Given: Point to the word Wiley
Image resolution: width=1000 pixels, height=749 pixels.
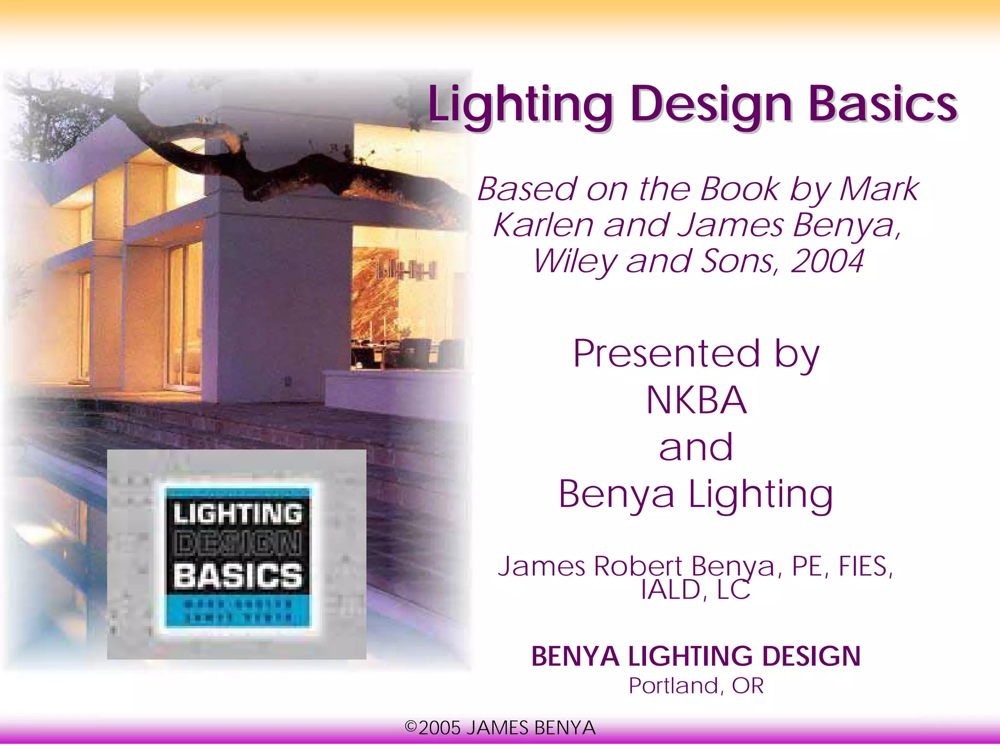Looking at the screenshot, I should pyautogui.click(x=575, y=262).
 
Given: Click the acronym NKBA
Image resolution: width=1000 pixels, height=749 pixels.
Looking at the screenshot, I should pyautogui.click(x=696, y=400).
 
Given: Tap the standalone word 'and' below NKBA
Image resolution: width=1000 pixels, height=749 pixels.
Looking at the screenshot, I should pyautogui.click(x=696, y=447).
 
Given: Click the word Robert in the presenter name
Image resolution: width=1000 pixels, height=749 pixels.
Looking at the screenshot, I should pyautogui.click(x=638, y=566).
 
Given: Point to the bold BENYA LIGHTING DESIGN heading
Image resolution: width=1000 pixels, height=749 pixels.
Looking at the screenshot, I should pyautogui.click(x=696, y=656).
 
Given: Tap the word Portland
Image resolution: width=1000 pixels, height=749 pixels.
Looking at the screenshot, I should pyautogui.click(x=673, y=686).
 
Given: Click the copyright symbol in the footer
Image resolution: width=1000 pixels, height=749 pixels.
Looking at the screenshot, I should pyautogui.click(x=411, y=727).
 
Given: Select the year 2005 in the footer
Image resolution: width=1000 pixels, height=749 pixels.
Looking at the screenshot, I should pyautogui.click(x=439, y=728).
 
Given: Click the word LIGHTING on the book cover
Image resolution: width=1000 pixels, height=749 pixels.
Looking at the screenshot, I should pyautogui.click(x=238, y=514).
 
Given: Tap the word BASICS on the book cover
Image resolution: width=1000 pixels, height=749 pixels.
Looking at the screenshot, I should pyautogui.click(x=238, y=575).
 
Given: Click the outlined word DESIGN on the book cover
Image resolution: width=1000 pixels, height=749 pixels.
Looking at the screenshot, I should pyautogui.click(x=238, y=544).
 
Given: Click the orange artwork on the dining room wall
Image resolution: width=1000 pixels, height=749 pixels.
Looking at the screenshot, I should pyautogui.click(x=374, y=293).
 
